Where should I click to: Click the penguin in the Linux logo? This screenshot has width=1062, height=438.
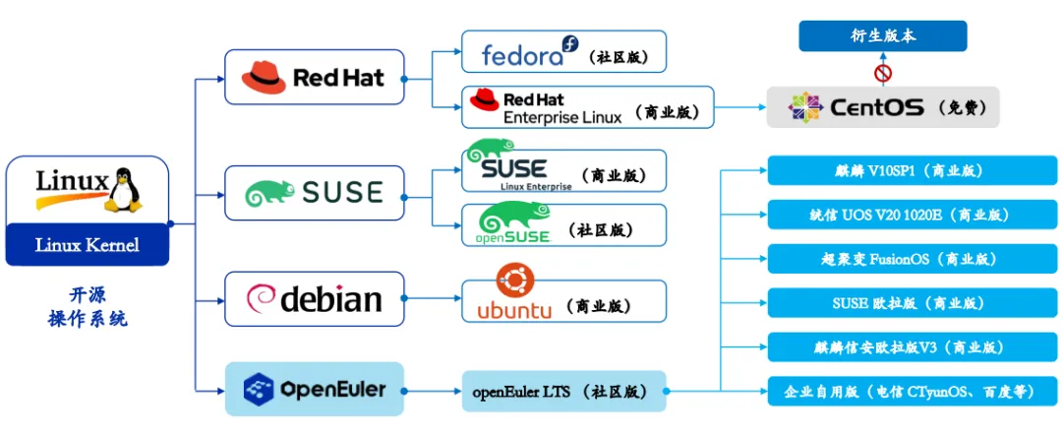pos(125,189)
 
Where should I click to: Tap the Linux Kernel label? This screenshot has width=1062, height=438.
pos(88,245)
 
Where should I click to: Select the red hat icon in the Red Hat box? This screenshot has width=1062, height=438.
pos(264,77)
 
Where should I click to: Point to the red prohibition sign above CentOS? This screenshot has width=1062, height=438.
pos(882,73)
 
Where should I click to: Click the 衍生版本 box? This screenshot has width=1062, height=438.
pos(882,36)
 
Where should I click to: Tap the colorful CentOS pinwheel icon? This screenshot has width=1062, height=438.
pos(805,107)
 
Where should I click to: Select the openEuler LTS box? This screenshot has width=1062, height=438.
pos(564,391)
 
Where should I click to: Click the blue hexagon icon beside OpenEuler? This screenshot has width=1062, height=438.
pos(258,389)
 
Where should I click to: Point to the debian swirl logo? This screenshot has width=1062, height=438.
pos(261,299)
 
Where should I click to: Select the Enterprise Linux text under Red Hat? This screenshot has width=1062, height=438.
pos(562,116)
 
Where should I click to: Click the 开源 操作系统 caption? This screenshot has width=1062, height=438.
pos(88,306)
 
